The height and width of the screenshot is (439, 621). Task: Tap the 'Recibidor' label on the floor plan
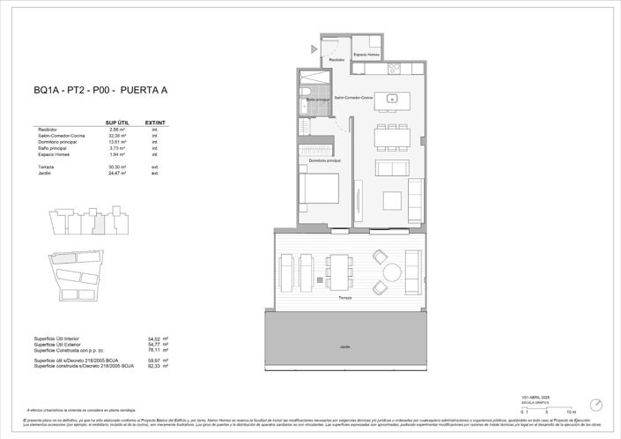coord(337,60)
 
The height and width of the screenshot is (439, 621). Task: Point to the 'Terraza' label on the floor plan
coord(344,298)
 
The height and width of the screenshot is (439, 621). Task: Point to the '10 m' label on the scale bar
coord(571,412)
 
